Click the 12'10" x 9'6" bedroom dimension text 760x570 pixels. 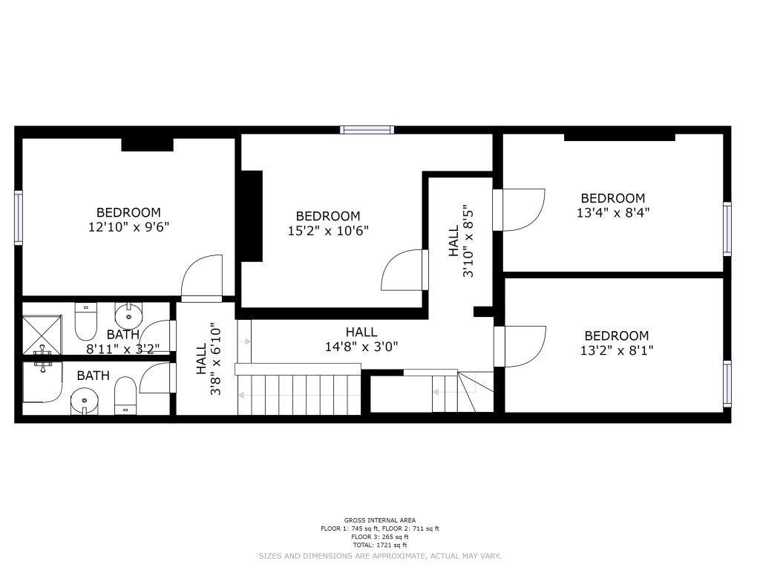(128, 227)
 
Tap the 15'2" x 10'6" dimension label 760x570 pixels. (328, 231)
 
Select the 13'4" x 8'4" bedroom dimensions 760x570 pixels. (612, 213)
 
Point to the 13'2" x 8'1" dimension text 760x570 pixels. (617, 350)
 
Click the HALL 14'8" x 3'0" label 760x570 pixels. (361, 339)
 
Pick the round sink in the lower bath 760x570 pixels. (85, 402)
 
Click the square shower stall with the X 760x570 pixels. (42, 335)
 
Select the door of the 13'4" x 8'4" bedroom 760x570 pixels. (519, 210)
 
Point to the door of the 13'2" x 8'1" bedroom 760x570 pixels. (520, 347)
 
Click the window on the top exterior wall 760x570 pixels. (367, 130)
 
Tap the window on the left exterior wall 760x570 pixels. (19, 217)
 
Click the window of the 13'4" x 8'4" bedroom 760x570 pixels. (727, 229)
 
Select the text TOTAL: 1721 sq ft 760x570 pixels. (380, 546)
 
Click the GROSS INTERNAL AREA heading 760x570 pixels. (380, 520)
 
